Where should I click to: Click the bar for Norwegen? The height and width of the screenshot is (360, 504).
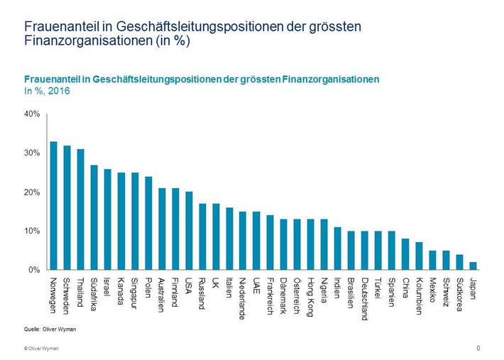(53, 206)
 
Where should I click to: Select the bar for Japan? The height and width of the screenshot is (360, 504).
(473, 266)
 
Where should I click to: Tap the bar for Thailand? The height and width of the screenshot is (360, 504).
(80, 209)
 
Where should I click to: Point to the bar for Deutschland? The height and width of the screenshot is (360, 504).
(365, 251)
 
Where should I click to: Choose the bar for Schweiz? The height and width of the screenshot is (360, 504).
(446, 261)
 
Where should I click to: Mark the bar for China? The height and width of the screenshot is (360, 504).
(405, 254)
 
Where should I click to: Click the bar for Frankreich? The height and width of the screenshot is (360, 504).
(270, 243)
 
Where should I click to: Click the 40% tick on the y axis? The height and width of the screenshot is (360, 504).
(32, 114)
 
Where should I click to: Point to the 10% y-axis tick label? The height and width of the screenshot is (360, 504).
(32, 231)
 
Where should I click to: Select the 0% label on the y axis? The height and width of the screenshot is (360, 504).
(34, 271)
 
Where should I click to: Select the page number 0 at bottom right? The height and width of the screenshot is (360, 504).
(478, 348)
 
